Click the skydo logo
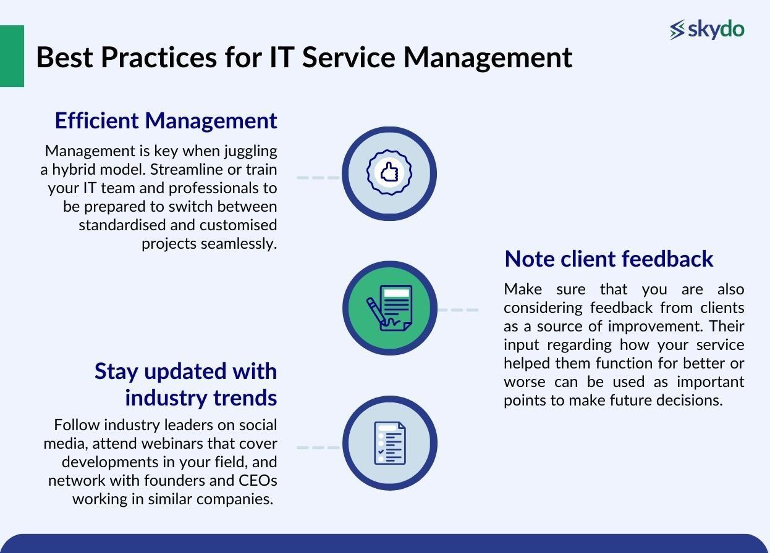(707, 29)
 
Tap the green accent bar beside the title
(12, 56)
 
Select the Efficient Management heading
(166, 120)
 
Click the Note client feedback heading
(609, 259)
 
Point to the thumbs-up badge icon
(389, 173)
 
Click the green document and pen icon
(389, 308)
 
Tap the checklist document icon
(389, 443)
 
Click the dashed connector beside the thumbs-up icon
(318, 177)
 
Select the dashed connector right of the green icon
(458, 310)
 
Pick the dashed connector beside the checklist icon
(318, 447)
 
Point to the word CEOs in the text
(258, 480)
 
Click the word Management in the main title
(488, 57)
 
